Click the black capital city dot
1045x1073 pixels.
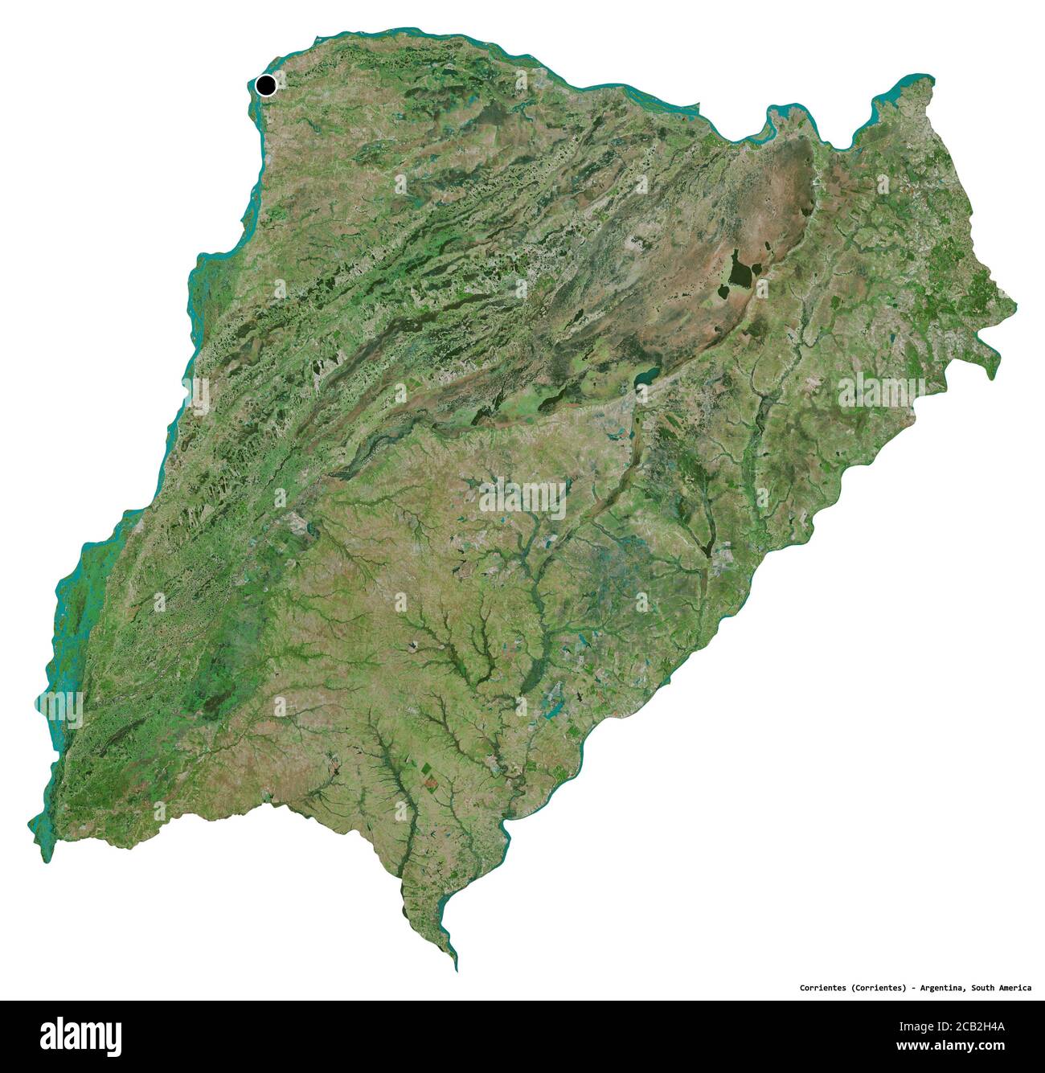[265, 84]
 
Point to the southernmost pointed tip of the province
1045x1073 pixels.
[456, 969]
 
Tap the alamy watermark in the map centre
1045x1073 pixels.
[522, 498]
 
